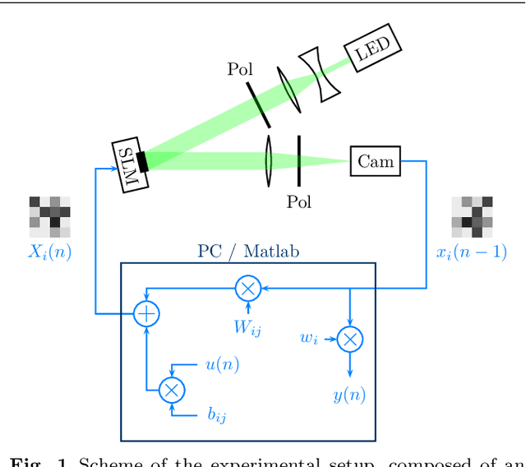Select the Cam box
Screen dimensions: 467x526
(376, 161)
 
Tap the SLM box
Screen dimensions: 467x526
(131, 165)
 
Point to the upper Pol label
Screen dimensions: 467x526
(240, 70)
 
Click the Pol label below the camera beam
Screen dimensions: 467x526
(299, 201)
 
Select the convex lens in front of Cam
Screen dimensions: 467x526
(269, 161)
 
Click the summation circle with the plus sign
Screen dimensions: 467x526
(145, 313)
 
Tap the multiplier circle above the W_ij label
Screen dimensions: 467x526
(247, 289)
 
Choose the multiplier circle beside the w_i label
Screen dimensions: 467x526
(350, 338)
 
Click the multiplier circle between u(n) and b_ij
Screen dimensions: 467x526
(172, 390)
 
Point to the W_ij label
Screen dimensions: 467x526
(247, 327)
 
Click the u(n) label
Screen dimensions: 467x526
(222, 365)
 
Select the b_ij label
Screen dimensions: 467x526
(216, 415)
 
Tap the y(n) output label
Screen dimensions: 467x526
(350, 395)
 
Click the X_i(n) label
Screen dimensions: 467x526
(49, 252)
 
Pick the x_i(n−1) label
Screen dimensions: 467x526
(471, 252)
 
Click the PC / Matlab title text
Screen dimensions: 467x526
(248, 252)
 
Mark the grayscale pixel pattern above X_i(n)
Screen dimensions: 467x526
(49, 216)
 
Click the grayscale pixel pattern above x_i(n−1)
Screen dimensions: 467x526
(472, 216)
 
